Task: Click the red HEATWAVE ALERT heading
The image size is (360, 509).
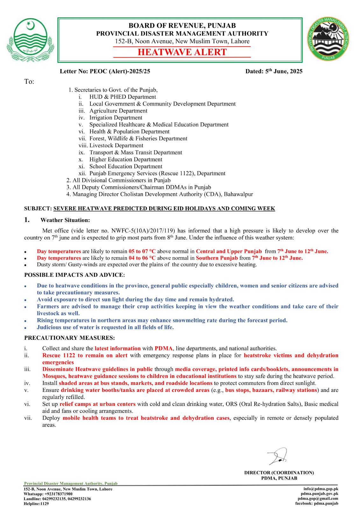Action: pyautogui.click(x=182, y=52)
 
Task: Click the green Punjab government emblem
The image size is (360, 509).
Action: pyautogui.click(x=30, y=40)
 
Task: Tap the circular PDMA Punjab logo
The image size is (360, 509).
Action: pyautogui.click(x=328, y=39)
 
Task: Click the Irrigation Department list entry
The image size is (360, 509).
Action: pyautogui.click(x=116, y=118)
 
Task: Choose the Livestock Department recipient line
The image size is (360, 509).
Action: pyautogui.click(x=116, y=145)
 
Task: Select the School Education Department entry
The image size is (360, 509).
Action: pyautogui.click(x=126, y=166)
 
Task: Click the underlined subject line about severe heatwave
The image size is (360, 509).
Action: pyautogui.click(x=164, y=209)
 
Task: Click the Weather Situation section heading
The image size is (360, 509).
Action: pyautogui.click(x=65, y=220)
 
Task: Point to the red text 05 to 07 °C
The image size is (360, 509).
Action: pyautogui.click(x=142, y=251)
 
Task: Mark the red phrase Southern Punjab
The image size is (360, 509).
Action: pyautogui.click(x=217, y=258)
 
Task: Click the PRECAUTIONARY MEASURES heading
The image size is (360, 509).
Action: pyautogui.click(x=69, y=338)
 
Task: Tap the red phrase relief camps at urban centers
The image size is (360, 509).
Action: pyautogui.click(x=97, y=404)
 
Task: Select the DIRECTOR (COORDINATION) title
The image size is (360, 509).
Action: pyautogui.click(x=279, y=473)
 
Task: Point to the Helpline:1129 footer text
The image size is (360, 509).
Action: pyautogui.click(x=36, y=504)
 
